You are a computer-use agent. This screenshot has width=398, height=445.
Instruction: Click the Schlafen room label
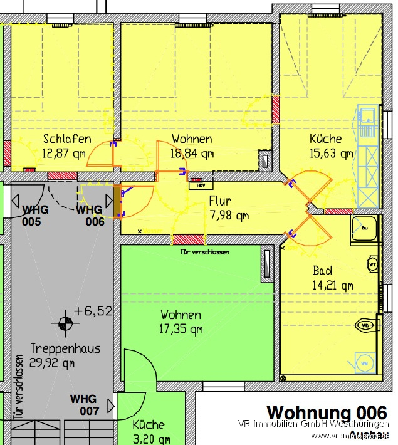[x=67, y=139]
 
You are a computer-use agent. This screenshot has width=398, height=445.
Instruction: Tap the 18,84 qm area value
[x=192, y=152]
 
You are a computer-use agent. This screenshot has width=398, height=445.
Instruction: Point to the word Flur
[x=220, y=202]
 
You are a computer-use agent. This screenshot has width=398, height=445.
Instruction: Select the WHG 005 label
[x=36, y=215]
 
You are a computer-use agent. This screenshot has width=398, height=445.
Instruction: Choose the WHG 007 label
[x=84, y=405]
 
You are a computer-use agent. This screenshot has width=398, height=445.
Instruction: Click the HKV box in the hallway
[x=201, y=185]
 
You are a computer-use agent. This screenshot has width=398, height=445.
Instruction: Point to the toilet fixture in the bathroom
[x=365, y=326]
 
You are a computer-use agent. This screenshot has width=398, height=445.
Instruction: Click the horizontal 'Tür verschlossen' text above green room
[x=204, y=253]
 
